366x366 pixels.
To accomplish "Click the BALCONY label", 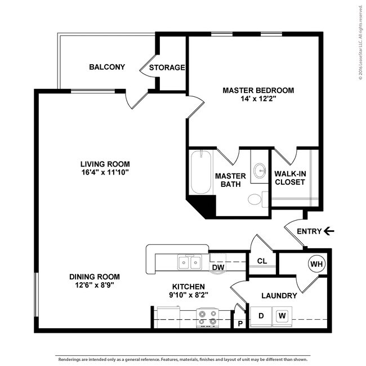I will pos(107,68).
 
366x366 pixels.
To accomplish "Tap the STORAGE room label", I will pos(167,68).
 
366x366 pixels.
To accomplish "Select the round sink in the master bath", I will pos(260,170).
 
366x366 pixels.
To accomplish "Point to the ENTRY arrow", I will pos(329,231).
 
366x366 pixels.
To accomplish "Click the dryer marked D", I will pos(260,316).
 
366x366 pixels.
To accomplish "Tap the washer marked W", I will pos(282,316).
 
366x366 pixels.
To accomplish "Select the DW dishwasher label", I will pos(218,267).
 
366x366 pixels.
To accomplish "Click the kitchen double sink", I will pos(190,262).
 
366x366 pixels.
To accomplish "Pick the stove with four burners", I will pos(207,318).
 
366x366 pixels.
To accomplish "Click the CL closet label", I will pos(262,261).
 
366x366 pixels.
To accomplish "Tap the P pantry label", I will pos(240,324).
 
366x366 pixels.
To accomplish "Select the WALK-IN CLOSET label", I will pos(290,177).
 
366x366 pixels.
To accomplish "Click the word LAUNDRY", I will pos(279,296).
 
